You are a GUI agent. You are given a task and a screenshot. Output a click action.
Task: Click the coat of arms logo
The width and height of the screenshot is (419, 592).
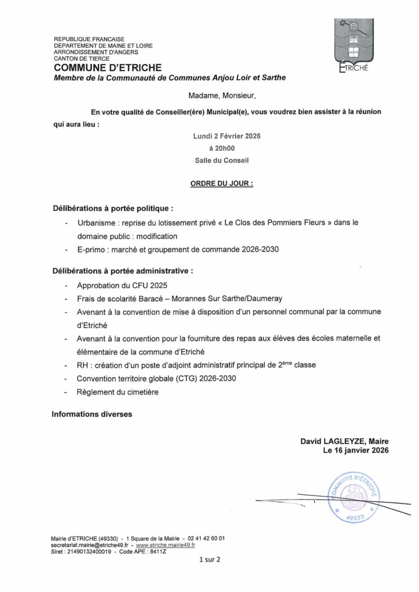click(x=352, y=43)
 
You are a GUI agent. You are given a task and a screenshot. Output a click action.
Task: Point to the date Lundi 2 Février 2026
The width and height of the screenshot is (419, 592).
click(x=227, y=136)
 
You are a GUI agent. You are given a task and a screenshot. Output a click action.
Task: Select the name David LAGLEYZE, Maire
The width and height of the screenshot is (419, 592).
click(x=344, y=441)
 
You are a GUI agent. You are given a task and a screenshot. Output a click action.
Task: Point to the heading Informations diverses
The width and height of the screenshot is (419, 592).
click(x=92, y=415)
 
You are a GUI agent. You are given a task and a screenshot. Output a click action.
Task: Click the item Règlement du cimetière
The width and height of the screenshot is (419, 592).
click(x=117, y=392)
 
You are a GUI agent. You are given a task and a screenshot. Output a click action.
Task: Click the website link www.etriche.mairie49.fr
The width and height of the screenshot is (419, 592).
click(x=165, y=545)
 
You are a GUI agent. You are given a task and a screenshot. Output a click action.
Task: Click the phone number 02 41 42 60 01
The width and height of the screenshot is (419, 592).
click(x=206, y=538)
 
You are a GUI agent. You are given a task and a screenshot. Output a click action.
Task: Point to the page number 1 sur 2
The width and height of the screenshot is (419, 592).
click(x=209, y=560)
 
